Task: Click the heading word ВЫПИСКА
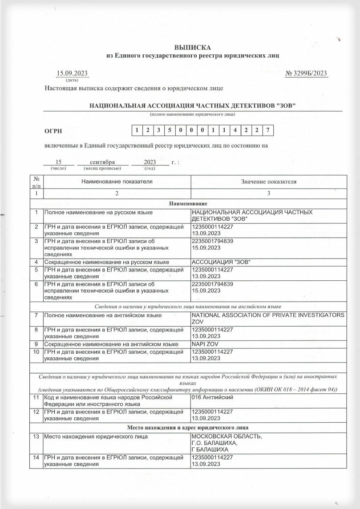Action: pos(193,47)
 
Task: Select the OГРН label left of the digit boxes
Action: pos(53,131)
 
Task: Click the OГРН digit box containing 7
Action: pos(267,130)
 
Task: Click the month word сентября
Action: pos(102,162)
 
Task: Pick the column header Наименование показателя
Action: pos(117,182)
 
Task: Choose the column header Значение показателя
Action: pos(268,182)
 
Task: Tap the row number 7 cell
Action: pos(36,315)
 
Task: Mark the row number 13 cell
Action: pos(36,436)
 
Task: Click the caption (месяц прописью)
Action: pos(102,169)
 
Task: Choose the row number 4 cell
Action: pos(36,262)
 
